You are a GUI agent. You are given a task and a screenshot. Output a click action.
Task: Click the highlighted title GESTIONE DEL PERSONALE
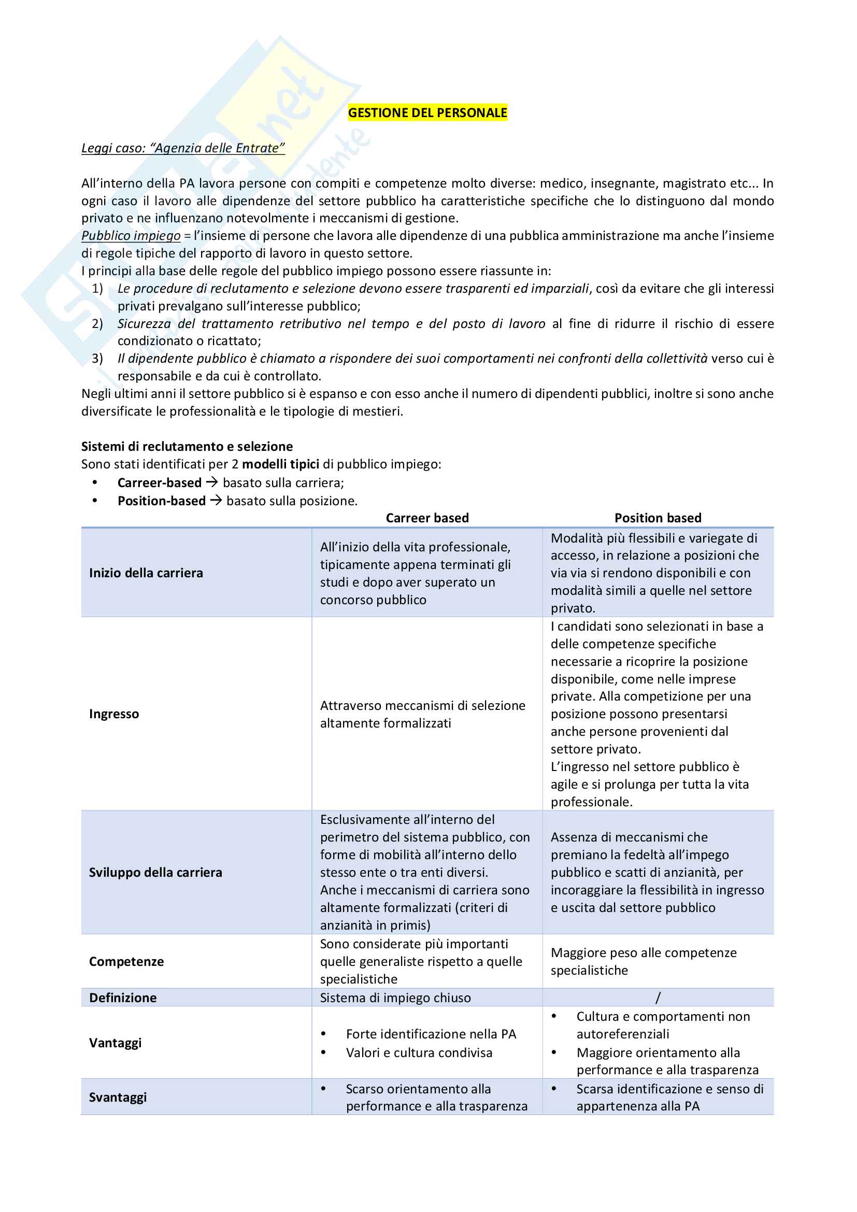pos(427,112)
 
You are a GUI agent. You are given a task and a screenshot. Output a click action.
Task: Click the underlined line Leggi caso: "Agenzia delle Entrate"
pos(183,148)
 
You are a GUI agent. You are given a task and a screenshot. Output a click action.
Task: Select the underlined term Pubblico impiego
pos(131,235)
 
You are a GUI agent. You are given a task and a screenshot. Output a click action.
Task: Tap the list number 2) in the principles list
pos(97,323)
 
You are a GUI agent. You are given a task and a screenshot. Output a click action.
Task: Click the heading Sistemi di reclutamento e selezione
pos(187,446)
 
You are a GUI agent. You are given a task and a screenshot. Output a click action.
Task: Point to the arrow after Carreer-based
pos(211,482)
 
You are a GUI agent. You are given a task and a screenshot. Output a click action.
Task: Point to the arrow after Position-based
pos(216,500)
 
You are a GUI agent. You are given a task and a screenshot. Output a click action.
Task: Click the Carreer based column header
pos(427,517)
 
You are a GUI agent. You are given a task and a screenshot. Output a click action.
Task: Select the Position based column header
pos(658,517)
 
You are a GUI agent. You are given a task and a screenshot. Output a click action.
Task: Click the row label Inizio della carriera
pos(146,573)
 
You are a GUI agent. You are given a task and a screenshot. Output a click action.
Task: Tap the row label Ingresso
pos(114,714)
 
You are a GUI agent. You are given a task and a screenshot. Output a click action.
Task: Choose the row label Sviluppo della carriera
pos(155,872)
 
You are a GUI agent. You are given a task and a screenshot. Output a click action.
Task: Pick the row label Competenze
pos(126,961)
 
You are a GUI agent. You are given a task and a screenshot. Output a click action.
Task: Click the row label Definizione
pos(123,997)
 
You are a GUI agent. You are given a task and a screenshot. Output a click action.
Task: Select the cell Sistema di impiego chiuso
pos(395,997)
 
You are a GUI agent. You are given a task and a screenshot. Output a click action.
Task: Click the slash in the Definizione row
pos(658,997)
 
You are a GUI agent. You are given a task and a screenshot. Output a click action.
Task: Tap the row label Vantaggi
pos(115,1043)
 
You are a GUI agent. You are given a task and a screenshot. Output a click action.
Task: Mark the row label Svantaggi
pos(118,1097)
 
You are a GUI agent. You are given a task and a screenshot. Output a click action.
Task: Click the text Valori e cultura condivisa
pos(419,1052)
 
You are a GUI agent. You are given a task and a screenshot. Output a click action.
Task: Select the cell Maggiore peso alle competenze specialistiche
pos(644,961)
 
